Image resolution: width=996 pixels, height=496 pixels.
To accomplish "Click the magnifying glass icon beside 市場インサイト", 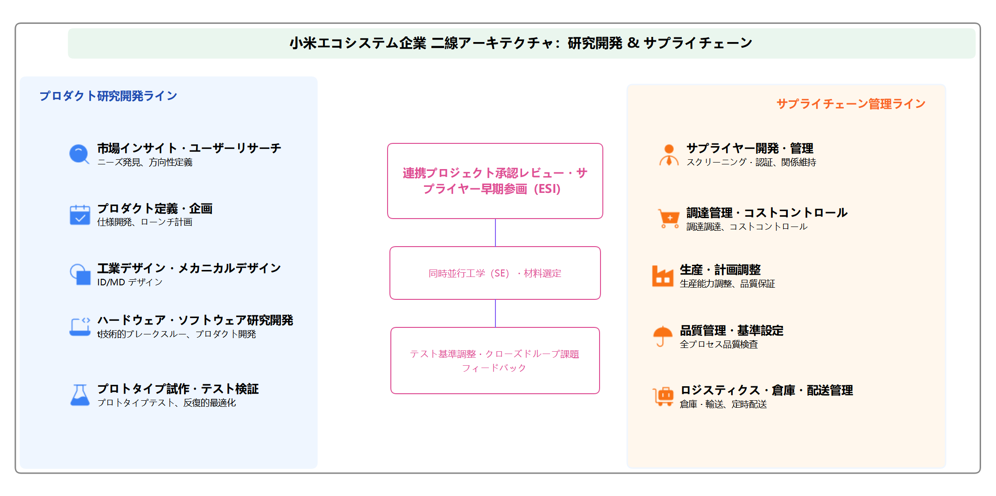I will coord(79,154).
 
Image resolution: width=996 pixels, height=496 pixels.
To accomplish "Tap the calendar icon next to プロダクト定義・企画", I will coord(80,215).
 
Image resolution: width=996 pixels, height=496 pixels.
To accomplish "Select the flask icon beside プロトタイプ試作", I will coord(80,395).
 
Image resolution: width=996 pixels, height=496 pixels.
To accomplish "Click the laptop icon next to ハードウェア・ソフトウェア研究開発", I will coord(80,326).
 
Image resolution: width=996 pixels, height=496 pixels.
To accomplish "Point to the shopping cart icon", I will coord(669,219).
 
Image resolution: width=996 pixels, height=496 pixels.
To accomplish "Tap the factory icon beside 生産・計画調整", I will coord(662,276).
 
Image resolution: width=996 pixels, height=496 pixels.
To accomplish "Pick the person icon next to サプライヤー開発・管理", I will coord(669,155).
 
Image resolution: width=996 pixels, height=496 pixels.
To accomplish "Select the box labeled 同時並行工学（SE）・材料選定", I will coord(495,273).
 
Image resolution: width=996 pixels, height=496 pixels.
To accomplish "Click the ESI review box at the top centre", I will coord(495,181).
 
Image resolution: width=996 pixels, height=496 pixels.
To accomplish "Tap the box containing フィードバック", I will coord(495,361).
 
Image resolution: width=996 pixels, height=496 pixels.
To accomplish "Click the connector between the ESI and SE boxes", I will coord(495,233).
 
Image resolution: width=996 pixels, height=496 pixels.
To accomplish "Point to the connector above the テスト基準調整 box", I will coord(495,313).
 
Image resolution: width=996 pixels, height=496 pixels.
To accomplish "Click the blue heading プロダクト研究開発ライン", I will coord(108,96).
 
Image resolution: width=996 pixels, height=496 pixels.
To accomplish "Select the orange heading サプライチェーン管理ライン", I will coord(851,104).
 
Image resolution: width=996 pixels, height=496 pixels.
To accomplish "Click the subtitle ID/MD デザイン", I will coord(130,282).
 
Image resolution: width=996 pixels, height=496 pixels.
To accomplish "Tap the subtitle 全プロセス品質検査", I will coord(719,345).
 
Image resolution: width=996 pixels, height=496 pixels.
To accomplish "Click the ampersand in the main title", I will coord(633,43).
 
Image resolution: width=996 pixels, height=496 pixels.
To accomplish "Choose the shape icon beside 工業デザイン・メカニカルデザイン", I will coord(80,274).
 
